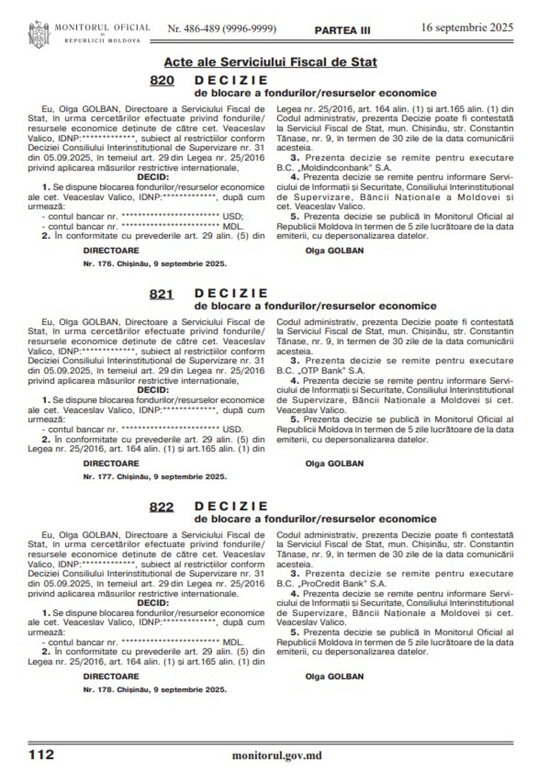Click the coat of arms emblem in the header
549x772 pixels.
[x=39, y=34]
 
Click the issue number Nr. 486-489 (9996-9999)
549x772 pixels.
[x=222, y=29]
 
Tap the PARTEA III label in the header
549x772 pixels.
[x=342, y=30]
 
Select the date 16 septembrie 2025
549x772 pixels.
[x=467, y=27]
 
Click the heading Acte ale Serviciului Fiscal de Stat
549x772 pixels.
[x=270, y=62]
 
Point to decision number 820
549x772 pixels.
[x=162, y=81]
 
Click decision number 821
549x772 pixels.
[x=162, y=294]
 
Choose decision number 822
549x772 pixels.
[x=162, y=507]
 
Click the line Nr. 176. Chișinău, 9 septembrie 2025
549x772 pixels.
[x=155, y=264]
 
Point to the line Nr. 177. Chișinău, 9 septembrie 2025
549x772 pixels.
[x=155, y=476]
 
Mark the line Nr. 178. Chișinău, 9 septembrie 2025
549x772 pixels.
[x=155, y=690]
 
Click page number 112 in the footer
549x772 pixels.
[x=41, y=754]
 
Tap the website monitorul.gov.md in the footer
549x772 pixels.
[x=277, y=755]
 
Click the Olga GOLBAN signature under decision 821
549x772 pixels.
[x=334, y=464]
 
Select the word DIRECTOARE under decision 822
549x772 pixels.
[x=111, y=676]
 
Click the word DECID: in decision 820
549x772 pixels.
[x=153, y=178]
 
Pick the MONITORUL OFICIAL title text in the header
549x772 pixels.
[x=102, y=28]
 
